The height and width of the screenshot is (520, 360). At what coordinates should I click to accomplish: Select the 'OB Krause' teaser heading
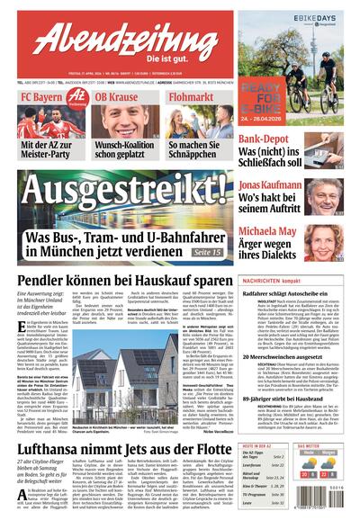[117, 97]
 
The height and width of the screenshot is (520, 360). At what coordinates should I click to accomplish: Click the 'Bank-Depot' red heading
[268, 139]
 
